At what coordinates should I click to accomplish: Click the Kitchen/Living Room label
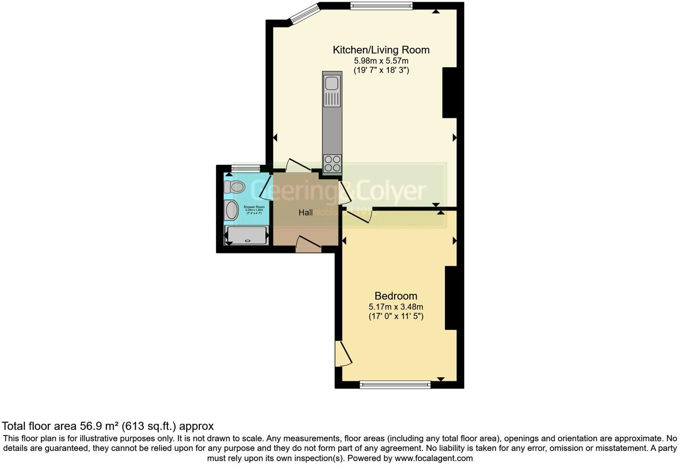pos(381,50)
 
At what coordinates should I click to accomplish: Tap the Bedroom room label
pos(395,296)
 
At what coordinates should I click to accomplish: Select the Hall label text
pos(306,212)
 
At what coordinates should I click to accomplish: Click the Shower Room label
pos(254,207)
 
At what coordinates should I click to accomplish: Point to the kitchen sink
pos(332,84)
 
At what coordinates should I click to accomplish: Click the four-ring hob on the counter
pos(332,164)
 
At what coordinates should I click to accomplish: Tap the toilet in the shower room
pos(235,187)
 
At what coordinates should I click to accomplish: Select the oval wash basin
pos(231,210)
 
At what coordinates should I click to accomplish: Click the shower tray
pos(248,235)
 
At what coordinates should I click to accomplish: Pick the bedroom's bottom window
pos(395,384)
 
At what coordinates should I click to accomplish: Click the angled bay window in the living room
pos(305,13)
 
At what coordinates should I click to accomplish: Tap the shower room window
pos(246,168)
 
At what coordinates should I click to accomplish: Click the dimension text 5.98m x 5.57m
pos(381,61)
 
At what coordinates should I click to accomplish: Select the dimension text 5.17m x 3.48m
pos(395,307)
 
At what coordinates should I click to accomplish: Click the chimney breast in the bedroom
pos(450,298)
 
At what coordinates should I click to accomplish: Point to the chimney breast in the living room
pos(449,92)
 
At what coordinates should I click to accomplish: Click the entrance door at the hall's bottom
pos(309,246)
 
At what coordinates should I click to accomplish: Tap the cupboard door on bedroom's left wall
pos(342,354)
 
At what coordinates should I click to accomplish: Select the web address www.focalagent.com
pos(433,458)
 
